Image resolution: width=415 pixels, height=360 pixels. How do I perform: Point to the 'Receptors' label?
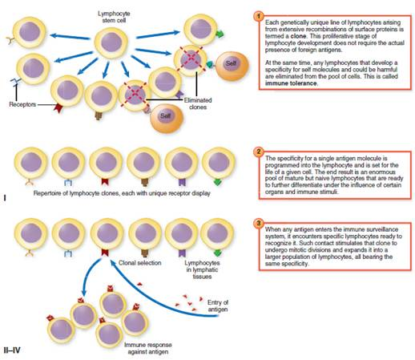[22, 104]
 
